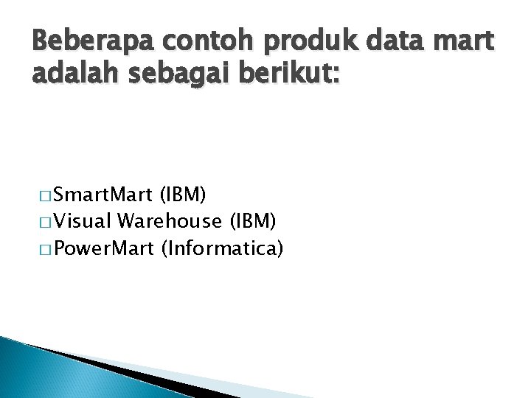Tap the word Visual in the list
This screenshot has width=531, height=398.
pyautogui.click(x=82, y=221)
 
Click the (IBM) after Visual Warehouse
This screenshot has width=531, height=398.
pyautogui.click(x=254, y=222)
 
